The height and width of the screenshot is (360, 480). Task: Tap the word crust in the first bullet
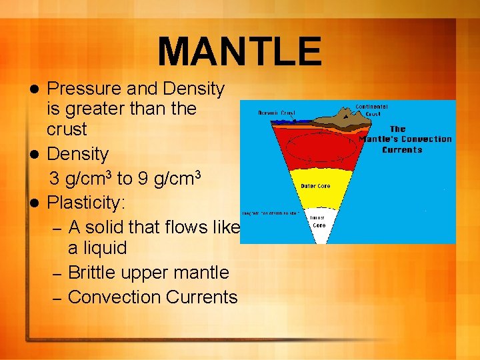(x=67, y=128)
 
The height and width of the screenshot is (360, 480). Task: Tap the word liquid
(x=97, y=248)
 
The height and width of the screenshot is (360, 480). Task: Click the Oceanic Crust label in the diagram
(x=277, y=113)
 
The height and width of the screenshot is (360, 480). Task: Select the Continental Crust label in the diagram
(x=371, y=111)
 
